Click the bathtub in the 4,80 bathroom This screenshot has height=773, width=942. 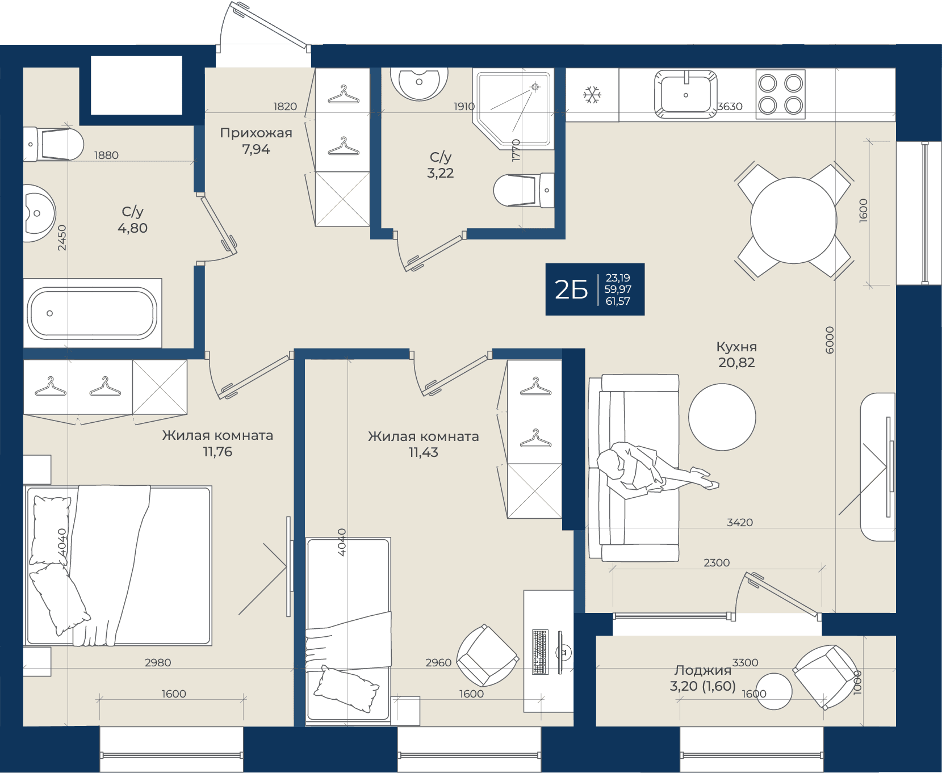[93, 313]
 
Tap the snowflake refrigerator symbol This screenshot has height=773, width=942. [592, 95]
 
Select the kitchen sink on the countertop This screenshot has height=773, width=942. [686, 94]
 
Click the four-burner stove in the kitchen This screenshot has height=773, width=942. [780, 94]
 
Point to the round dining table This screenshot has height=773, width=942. [794, 220]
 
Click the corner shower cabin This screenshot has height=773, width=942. [513, 108]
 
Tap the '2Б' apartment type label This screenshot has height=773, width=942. [571, 290]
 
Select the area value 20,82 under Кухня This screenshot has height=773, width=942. [736, 363]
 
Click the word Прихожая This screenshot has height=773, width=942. [256, 133]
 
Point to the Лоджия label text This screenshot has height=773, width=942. [702, 670]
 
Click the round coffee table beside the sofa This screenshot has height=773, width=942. [722, 417]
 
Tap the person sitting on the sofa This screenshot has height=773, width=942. [653, 468]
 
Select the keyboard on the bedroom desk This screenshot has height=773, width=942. [540, 652]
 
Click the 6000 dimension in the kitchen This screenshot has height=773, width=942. [830, 340]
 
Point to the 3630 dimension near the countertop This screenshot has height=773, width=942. [730, 107]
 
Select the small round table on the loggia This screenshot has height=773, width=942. [774, 691]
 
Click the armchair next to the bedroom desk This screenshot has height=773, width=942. [487, 656]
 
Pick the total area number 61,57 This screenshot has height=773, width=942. [618, 301]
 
